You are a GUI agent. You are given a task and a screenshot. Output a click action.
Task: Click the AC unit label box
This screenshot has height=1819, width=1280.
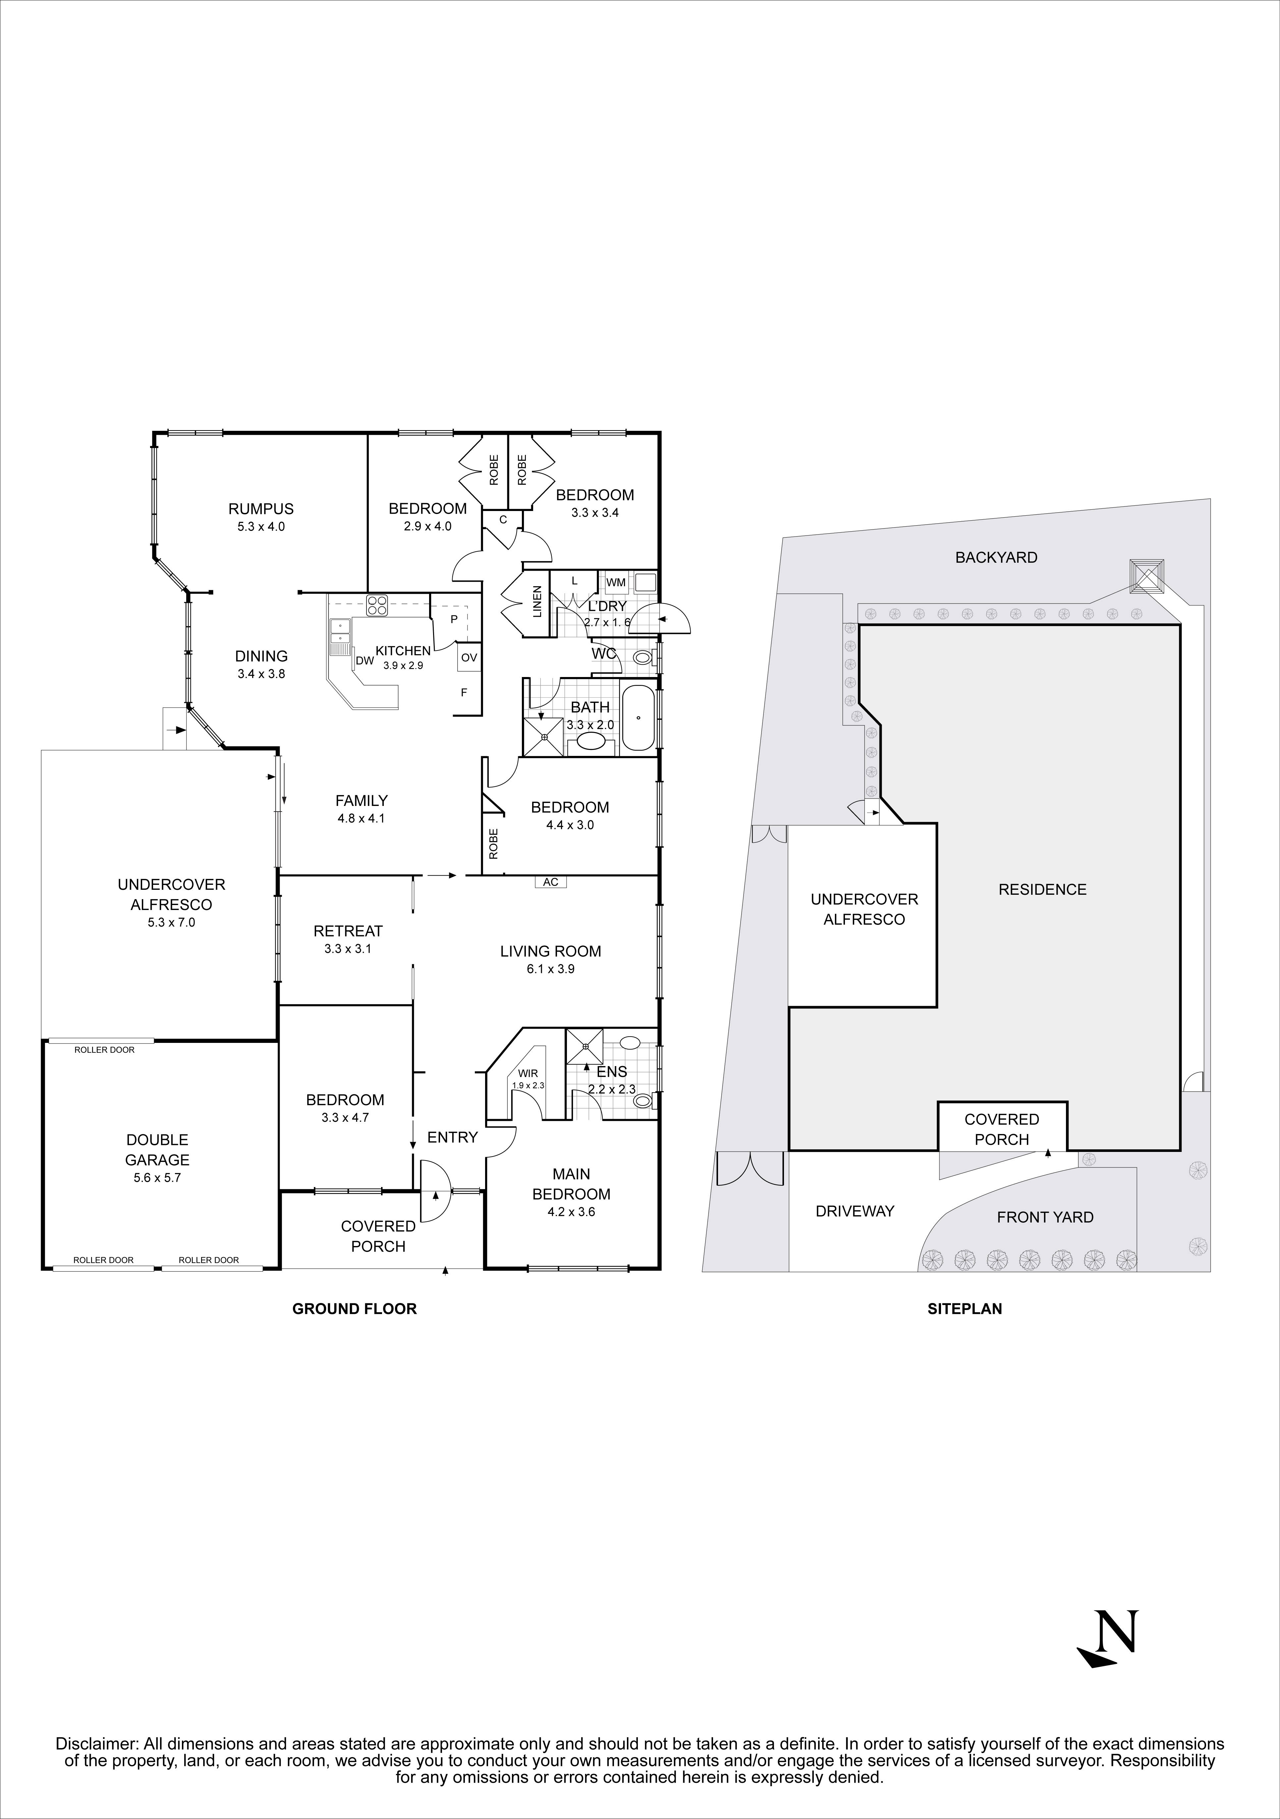tap(550, 882)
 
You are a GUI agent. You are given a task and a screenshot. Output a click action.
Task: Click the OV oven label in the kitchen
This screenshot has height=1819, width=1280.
tap(469, 657)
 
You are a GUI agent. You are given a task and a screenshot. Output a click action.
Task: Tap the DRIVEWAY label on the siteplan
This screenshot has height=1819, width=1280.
tap(854, 1211)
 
